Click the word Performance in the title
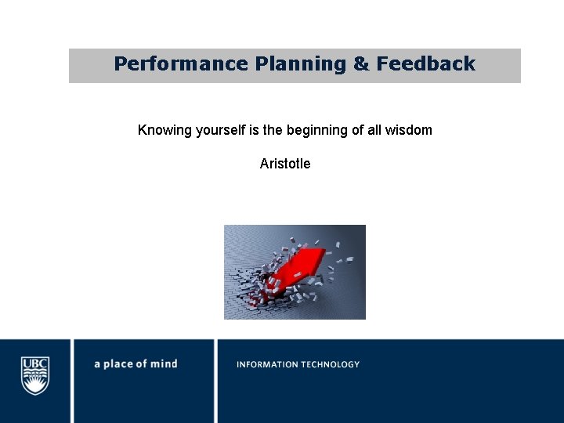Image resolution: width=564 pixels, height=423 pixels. click(181, 64)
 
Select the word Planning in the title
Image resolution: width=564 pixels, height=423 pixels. click(300, 64)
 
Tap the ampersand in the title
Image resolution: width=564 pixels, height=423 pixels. click(361, 64)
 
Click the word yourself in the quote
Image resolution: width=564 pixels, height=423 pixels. click(221, 130)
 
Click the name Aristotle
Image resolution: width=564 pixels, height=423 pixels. click(285, 164)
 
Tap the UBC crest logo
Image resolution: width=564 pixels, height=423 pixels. click(35, 375)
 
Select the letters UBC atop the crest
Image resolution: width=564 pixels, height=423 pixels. click(35, 363)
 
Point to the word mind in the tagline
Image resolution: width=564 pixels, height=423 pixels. click(164, 364)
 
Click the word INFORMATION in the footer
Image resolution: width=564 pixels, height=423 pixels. click(268, 364)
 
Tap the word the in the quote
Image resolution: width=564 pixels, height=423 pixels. click(272, 130)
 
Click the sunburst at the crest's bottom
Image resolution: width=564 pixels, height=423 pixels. click(35, 386)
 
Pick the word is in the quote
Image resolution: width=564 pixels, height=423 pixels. click(254, 130)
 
